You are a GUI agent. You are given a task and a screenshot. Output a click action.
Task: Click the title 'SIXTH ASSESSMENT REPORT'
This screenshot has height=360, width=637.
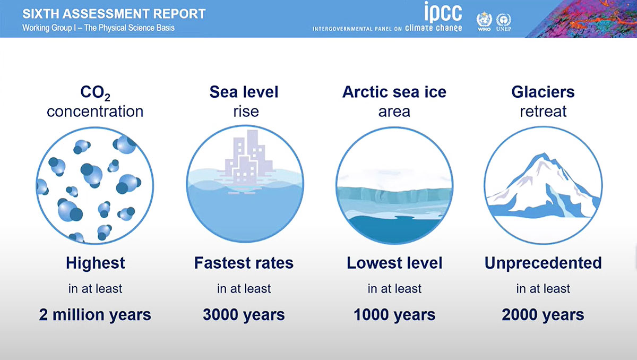(114, 14)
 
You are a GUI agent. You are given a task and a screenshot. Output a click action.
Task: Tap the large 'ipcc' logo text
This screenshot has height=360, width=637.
(443, 12)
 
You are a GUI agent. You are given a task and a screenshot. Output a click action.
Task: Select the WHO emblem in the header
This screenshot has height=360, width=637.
(484, 21)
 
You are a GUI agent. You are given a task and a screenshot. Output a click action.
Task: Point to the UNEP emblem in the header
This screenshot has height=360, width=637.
(504, 22)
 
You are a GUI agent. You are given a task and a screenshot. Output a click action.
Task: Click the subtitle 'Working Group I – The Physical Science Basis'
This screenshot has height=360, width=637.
(98, 28)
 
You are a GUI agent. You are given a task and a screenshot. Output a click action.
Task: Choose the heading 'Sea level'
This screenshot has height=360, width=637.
(244, 92)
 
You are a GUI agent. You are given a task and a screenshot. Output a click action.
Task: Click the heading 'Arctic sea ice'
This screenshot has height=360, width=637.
(394, 92)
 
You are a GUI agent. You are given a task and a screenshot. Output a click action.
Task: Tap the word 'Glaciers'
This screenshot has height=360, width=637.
(543, 92)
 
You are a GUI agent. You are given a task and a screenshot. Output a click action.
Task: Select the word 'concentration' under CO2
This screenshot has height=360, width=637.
(95, 111)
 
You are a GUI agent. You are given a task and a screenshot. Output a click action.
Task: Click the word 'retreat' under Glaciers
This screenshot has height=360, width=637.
(543, 111)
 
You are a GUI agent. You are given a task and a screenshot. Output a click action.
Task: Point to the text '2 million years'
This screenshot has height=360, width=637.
(95, 315)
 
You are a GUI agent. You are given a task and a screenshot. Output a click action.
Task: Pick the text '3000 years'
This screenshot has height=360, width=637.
(244, 314)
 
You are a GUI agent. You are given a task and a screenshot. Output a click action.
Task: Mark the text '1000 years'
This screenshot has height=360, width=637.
(394, 314)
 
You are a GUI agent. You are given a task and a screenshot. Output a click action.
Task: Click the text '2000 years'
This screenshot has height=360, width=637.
(543, 314)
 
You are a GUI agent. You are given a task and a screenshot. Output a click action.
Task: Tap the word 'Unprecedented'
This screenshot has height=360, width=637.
(543, 263)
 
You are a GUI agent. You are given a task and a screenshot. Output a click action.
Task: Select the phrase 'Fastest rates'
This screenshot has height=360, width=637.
(244, 263)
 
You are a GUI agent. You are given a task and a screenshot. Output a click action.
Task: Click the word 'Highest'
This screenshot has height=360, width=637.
(95, 263)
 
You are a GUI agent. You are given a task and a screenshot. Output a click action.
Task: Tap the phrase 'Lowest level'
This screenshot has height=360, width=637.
(394, 263)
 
